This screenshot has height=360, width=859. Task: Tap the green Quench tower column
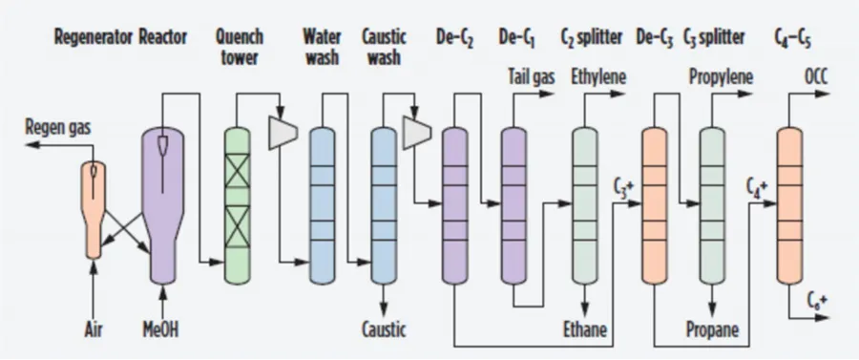click(x=237, y=191)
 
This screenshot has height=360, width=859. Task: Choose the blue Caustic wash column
click(x=384, y=191)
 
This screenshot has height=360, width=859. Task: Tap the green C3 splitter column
click(x=712, y=191)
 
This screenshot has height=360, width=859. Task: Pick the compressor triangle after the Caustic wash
click(x=416, y=134)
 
